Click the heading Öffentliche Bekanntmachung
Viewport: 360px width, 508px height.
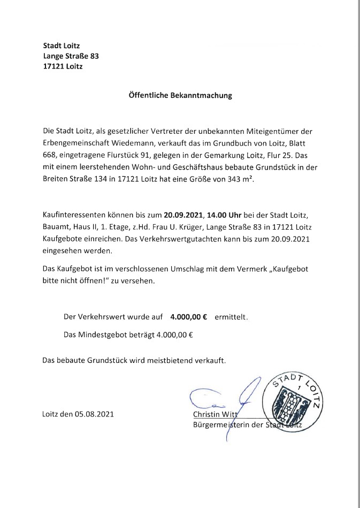pos(180,96)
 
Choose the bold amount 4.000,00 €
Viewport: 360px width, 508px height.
pos(189,317)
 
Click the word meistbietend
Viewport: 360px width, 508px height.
pos(175,360)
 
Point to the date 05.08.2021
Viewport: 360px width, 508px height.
pos(94,414)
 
